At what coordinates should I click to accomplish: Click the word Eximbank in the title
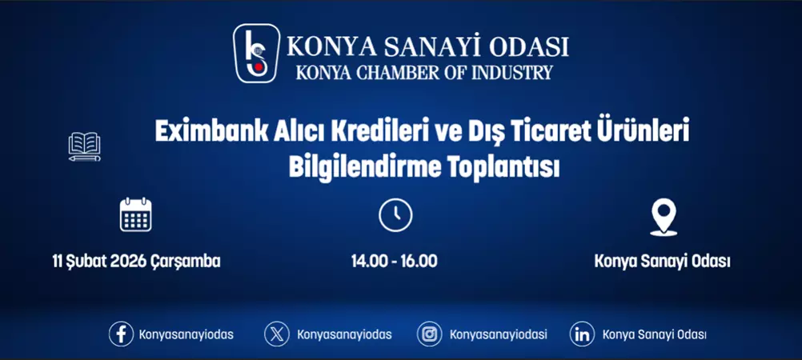203,133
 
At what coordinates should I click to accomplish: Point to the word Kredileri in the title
373,133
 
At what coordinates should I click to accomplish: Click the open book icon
85,146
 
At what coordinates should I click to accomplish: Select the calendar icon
135,214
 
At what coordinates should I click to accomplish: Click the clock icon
395,215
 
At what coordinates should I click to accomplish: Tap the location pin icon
663,216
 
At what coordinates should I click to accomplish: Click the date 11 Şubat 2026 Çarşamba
136,262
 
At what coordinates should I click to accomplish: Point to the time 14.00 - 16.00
395,262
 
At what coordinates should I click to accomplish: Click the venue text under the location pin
663,262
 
